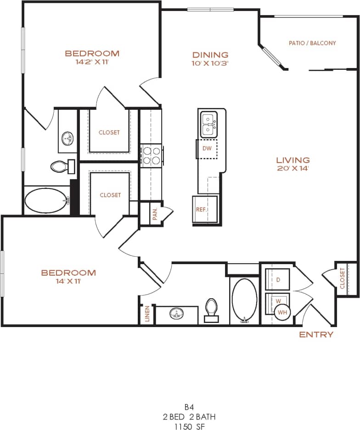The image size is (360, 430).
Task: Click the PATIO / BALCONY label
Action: click(x=312, y=43)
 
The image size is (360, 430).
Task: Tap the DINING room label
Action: click(x=210, y=55)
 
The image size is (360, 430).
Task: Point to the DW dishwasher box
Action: click(x=207, y=148)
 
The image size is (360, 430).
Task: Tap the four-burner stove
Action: click(x=152, y=155)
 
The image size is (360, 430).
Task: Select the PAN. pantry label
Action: click(x=155, y=214)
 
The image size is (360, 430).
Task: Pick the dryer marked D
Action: click(x=278, y=279)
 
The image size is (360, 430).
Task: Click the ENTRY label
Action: click(x=316, y=334)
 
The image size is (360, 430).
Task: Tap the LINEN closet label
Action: click(x=147, y=314)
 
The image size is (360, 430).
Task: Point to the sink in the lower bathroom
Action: click(x=177, y=314)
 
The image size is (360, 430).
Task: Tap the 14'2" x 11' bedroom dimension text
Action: click(x=92, y=62)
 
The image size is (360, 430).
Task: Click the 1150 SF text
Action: click(x=189, y=425)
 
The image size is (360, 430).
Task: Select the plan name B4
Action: click(x=189, y=407)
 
